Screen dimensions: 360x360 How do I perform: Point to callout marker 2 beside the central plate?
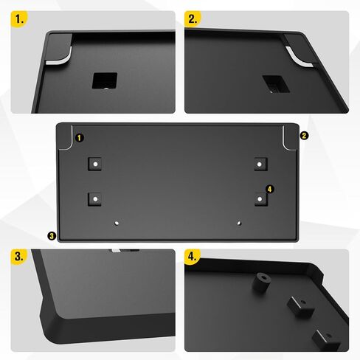click(x=304, y=136)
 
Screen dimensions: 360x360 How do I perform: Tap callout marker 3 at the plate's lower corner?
click(x=51, y=236)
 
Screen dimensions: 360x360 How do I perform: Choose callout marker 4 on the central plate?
click(x=270, y=190)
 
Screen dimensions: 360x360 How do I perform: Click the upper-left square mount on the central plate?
click(x=94, y=163)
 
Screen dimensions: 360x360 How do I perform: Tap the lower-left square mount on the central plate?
click(x=94, y=198)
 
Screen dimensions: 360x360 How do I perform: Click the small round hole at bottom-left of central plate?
click(x=117, y=220)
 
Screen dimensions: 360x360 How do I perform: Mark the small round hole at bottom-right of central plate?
click(x=238, y=220)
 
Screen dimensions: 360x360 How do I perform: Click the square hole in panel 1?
click(x=101, y=81)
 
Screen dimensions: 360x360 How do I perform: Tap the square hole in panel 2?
click(x=272, y=83)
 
